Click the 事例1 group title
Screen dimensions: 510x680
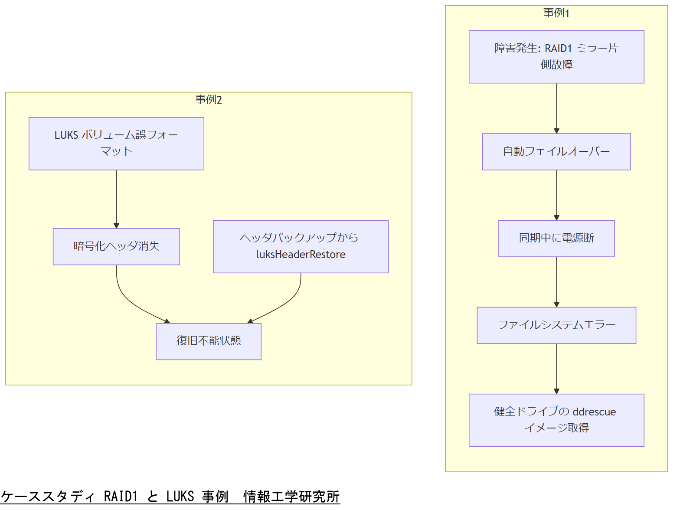pos(556,13)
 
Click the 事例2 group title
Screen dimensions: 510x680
pos(208,100)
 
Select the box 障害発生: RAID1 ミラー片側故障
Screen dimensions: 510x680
pos(556,57)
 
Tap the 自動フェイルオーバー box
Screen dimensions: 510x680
pos(556,152)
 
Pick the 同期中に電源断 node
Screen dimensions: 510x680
pos(556,239)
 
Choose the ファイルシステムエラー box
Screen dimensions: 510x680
pos(556,325)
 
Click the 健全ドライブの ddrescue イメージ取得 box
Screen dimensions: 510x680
pos(556,420)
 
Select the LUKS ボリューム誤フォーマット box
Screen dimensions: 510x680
pos(116,144)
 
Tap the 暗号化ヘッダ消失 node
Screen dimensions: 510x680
pos(116,246)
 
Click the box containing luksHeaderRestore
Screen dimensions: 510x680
pos(301,246)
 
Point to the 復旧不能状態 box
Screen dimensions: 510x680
pos(208,341)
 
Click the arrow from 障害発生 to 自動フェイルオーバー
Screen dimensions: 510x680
pos(556,108)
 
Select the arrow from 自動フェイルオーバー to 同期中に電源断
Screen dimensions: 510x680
pos(556,195)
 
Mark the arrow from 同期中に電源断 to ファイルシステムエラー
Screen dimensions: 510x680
pos(556,282)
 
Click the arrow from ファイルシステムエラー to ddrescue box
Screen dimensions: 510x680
pos(556,369)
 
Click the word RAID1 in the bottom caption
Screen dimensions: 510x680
pos(121,496)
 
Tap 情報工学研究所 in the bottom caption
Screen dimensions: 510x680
pos(291,496)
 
